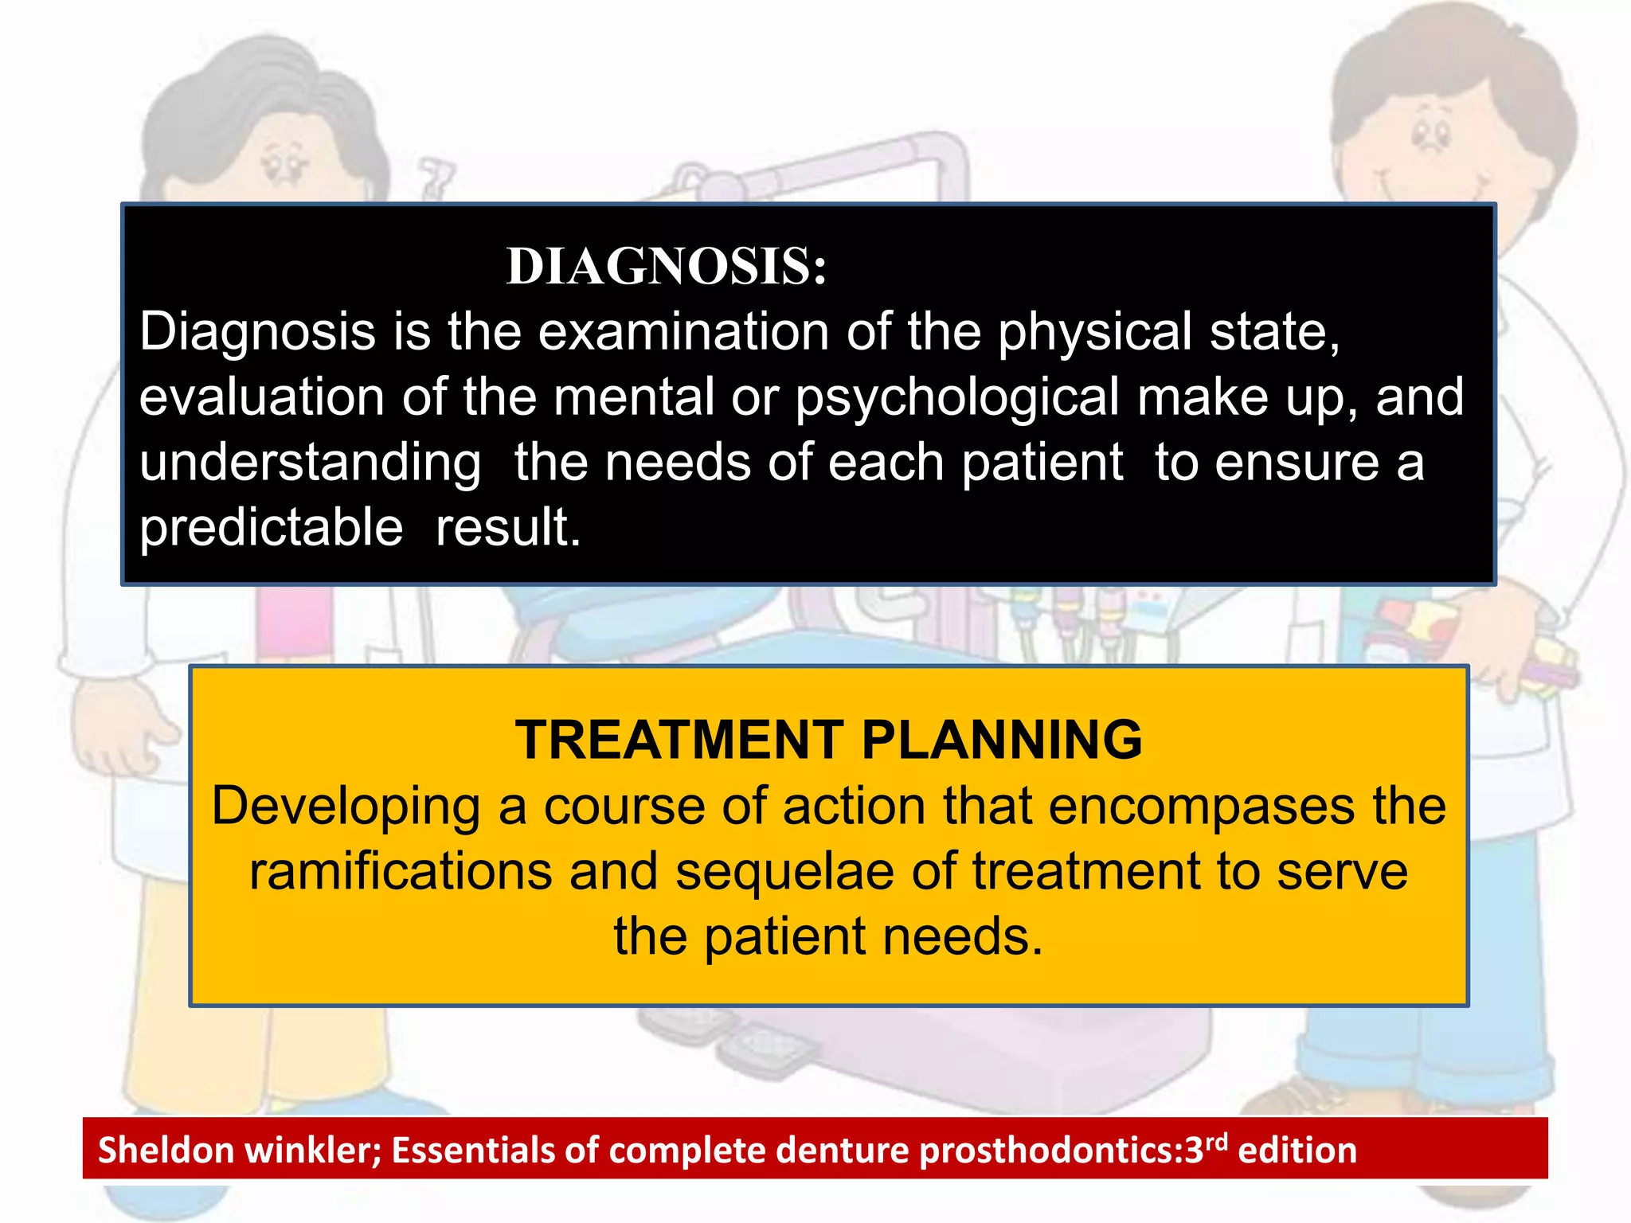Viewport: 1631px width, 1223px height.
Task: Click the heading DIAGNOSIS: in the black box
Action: (x=667, y=266)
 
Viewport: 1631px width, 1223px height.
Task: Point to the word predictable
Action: (x=271, y=527)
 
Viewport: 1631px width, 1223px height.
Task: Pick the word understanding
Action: (x=310, y=463)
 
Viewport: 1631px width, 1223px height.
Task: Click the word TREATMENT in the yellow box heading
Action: (x=679, y=740)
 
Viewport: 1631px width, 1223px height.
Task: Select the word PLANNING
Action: (x=1002, y=740)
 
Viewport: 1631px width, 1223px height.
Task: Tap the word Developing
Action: (x=346, y=806)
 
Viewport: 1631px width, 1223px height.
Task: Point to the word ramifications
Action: (x=401, y=871)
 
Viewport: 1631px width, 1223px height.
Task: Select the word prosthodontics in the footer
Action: (x=1045, y=1151)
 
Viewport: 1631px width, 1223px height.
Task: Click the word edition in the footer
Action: (x=1297, y=1151)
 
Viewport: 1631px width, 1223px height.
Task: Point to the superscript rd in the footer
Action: (x=1216, y=1141)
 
